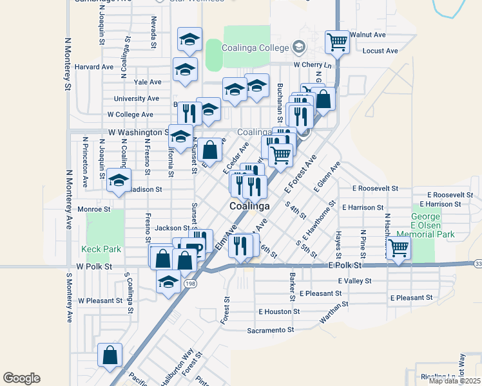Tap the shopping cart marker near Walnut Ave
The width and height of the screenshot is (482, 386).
337,42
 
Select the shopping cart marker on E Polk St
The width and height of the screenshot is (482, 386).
399,247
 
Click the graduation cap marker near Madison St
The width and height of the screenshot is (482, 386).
119,181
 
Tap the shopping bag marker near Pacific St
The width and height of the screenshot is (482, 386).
110,355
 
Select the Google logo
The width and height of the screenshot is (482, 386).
21,378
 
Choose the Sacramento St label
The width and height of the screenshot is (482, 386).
271,330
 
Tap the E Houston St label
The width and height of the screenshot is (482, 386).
279,311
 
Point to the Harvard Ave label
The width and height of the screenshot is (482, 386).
94,66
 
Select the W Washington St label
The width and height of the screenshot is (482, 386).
138,132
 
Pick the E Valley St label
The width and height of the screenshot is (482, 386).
354,280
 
